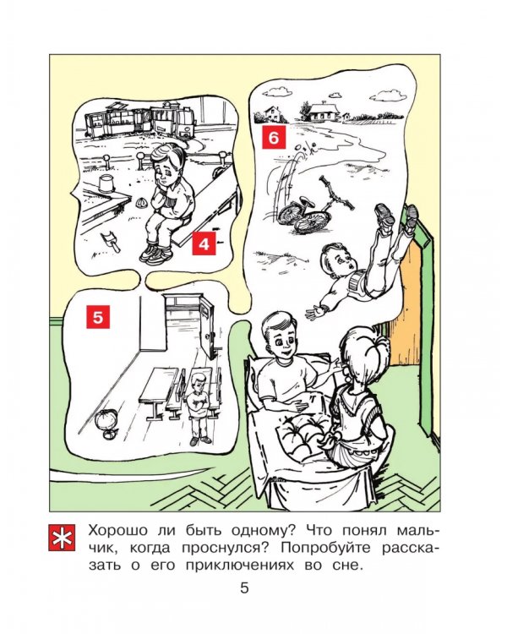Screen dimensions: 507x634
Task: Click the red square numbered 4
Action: pyautogui.click(x=204, y=243)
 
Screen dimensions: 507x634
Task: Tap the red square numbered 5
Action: pyautogui.click(x=98, y=317)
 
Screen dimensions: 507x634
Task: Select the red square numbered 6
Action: pyautogui.click(x=274, y=137)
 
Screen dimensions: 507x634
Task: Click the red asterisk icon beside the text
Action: pyautogui.click(x=62, y=538)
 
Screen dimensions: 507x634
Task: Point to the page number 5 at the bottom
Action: pyautogui.click(x=244, y=588)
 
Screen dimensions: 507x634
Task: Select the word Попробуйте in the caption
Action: pyautogui.click(x=326, y=548)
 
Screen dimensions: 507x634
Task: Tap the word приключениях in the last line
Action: pyautogui.click(x=240, y=566)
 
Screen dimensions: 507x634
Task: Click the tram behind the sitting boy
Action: pyautogui.click(x=139, y=120)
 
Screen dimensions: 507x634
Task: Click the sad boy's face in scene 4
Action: pyautogui.click(x=168, y=170)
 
